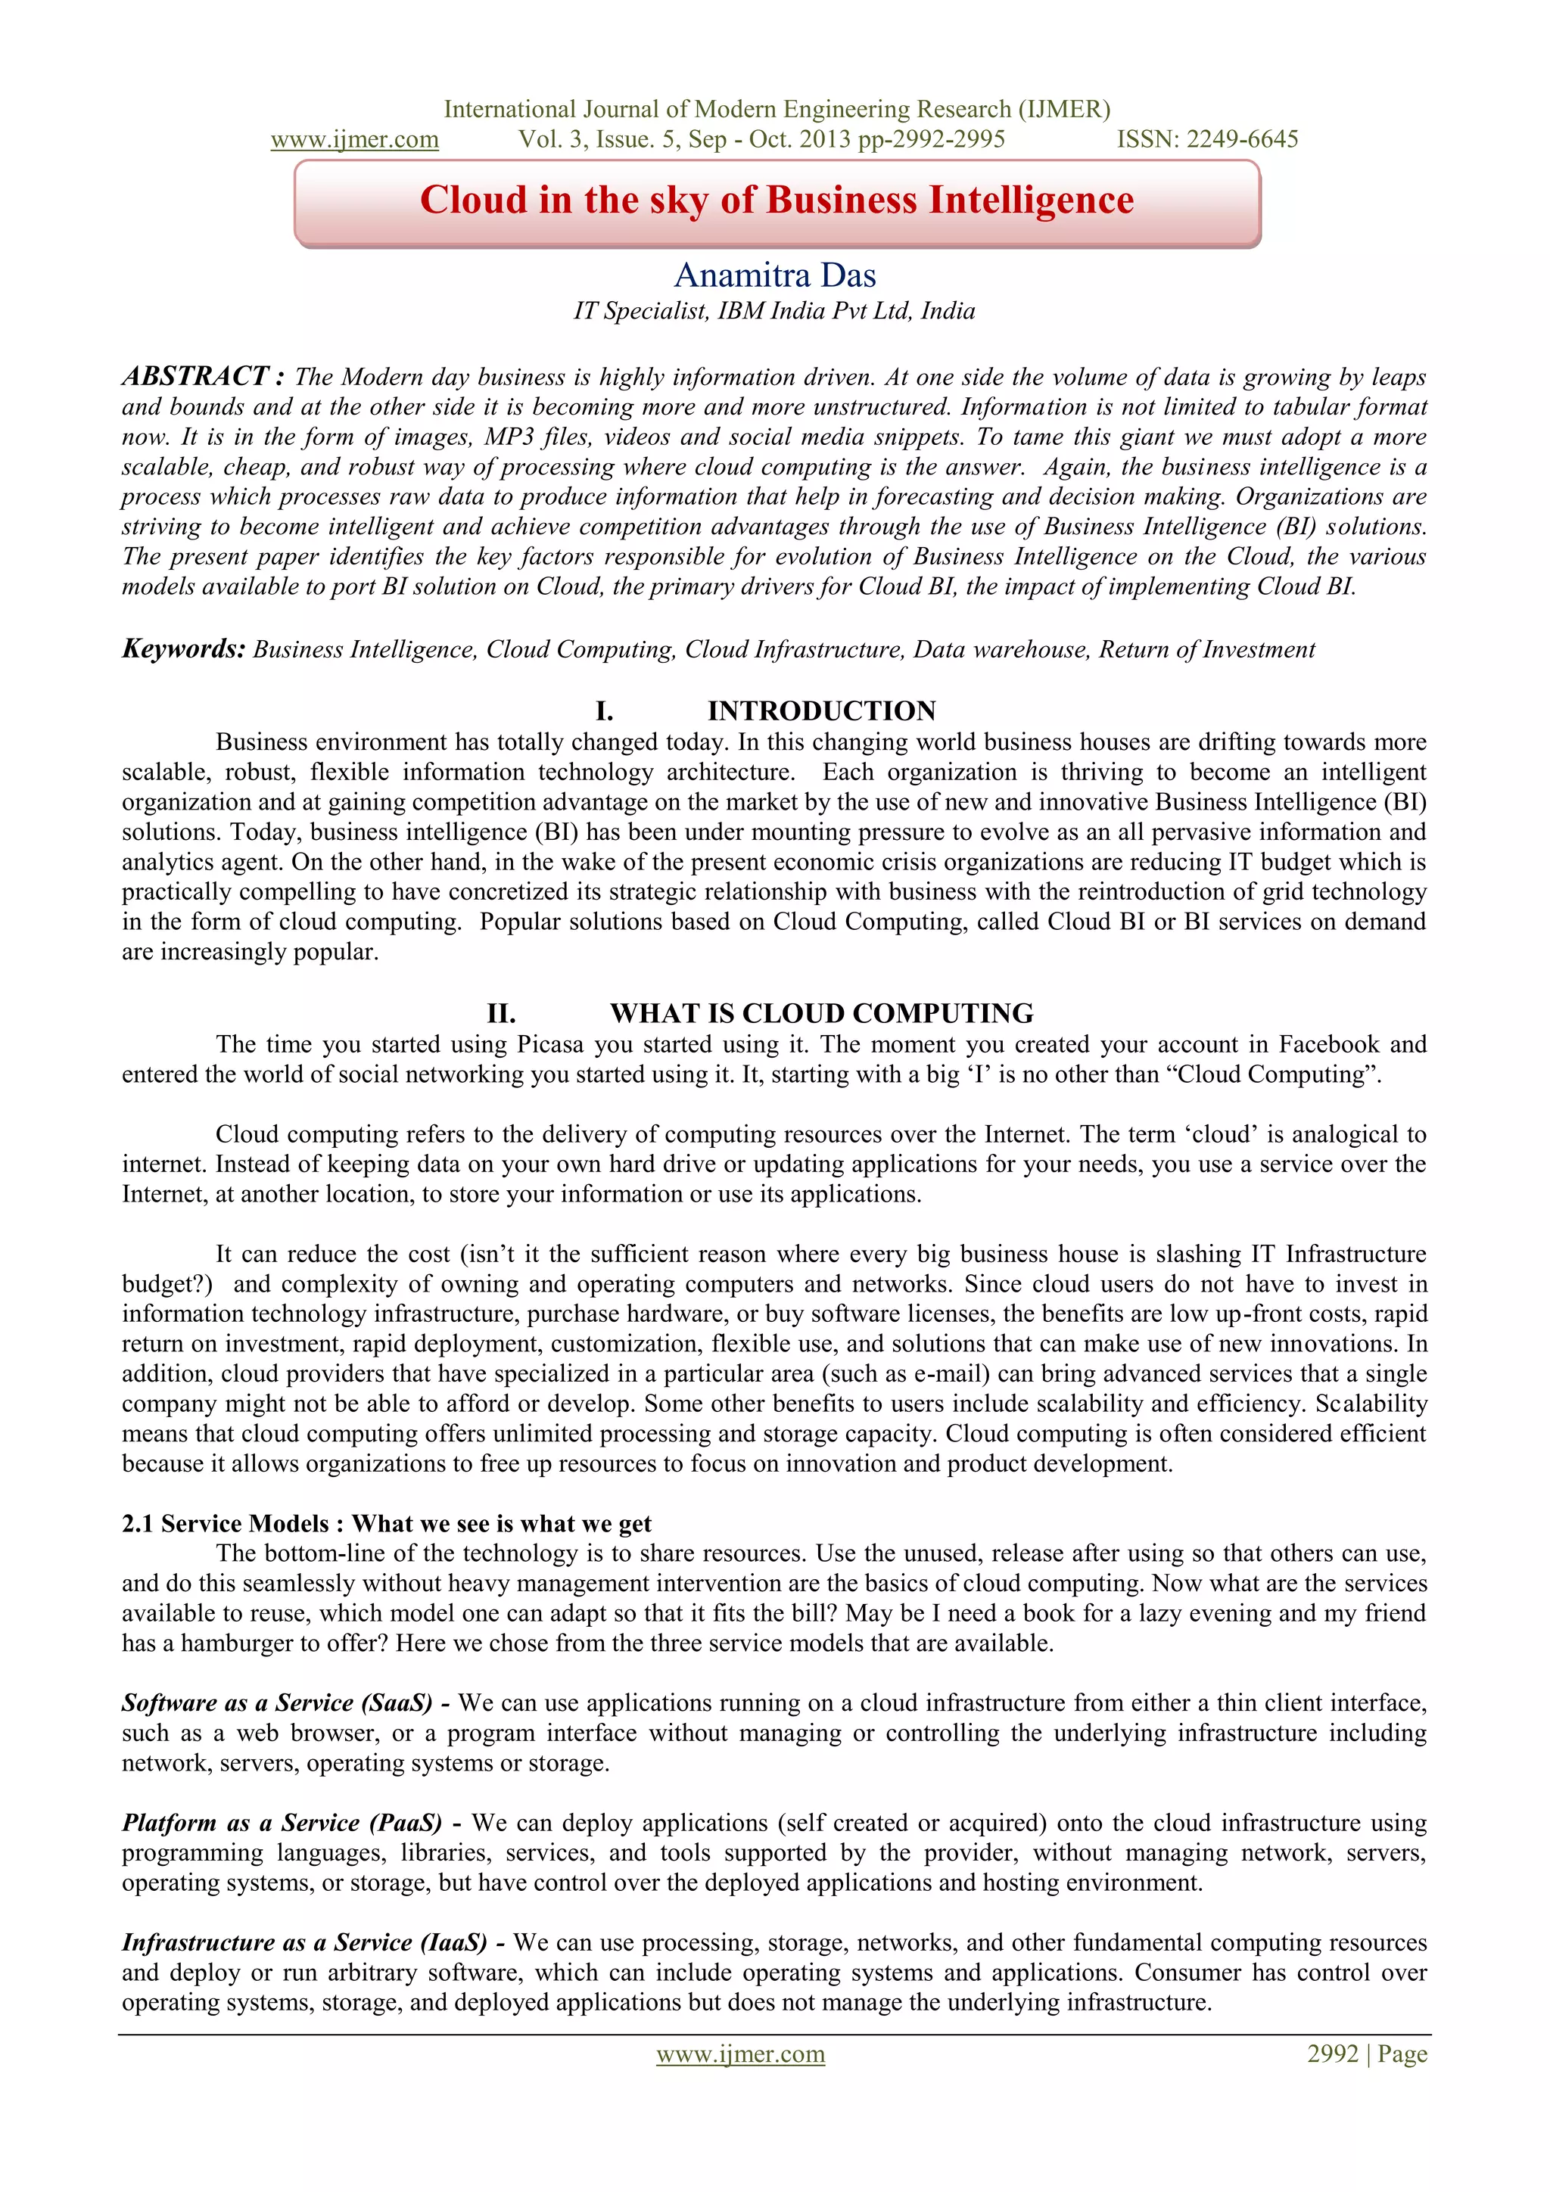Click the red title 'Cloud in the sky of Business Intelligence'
[x=777, y=201]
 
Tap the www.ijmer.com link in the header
[x=354, y=139]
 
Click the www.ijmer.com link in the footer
[x=740, y=2054]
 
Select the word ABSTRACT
[x=195, y=376]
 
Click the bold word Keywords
[x=183, y=649]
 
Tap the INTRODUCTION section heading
[x=821, y=711]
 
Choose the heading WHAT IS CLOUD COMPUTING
[x=821, y=1013]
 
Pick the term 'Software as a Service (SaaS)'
[x=277, y=1703]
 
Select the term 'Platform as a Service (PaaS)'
[x=282, y=1823]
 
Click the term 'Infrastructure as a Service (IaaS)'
[x=303, y=1943]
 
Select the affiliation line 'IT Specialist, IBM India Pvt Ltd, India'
[x=774, y=311]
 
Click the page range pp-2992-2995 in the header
[x=931, y=139]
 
